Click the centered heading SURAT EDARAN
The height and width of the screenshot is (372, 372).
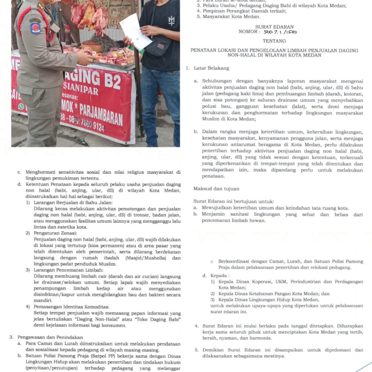[274, 27]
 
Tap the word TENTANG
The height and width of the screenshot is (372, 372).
[274, 41]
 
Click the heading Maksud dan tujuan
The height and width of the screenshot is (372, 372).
[217, 189]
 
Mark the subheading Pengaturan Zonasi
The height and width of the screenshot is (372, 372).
[55, 233]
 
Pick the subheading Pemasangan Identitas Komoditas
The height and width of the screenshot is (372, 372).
[71, 307]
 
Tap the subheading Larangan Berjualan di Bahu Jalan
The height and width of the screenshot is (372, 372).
[73, 202]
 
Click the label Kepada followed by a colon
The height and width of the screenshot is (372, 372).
[213, 276]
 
